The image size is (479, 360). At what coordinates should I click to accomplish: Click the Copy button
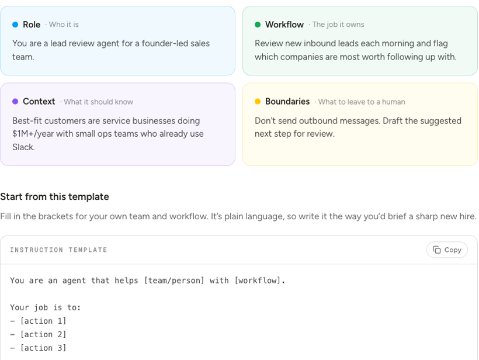pyautogui.click(x=447, y=250)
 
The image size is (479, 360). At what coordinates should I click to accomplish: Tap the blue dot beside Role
pyautogui.click(x=15, y=25)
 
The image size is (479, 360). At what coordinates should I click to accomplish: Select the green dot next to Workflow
pyautogui.click(x=258, y=25)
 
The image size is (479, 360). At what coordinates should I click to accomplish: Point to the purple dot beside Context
pyautogui.click(x=15, y=102)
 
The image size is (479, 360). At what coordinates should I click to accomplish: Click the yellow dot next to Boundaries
pyautogui.click(x=258, y=102)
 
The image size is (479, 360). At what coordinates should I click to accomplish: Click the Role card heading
pyautogui.click(x=32, y=25)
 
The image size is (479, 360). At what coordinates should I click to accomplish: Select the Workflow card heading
pyautogui.click(x=284, y=25)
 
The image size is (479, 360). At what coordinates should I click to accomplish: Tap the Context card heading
pyautogui.click(x=39, y=102)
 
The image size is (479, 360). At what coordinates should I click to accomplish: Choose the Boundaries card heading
pyautogui.click(x=287, y=102)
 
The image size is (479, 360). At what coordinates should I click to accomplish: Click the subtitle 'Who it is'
pyautogui.click(x=64, y=25)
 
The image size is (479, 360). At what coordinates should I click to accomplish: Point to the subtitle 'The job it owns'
pyautogui.click(x=338, y=25)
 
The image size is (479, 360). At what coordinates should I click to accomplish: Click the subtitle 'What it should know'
pyautogui.click(x=98, y=102)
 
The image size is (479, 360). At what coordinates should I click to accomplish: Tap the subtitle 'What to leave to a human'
pyautogui.click(x=362, y=102)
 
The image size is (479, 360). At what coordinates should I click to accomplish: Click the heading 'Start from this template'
pyautogui.click(x=54, y=196)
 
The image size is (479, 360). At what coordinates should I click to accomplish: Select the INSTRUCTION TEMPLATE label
pyautogui.click(x=58, y=250)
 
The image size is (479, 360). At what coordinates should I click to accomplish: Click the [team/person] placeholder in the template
pyautogui.click(x=174, y=281)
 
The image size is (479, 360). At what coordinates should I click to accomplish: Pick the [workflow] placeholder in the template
pyautogui.click(x=260, y=281)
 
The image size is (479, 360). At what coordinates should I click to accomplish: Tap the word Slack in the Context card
pyautogui.click(x=23, y=147)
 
